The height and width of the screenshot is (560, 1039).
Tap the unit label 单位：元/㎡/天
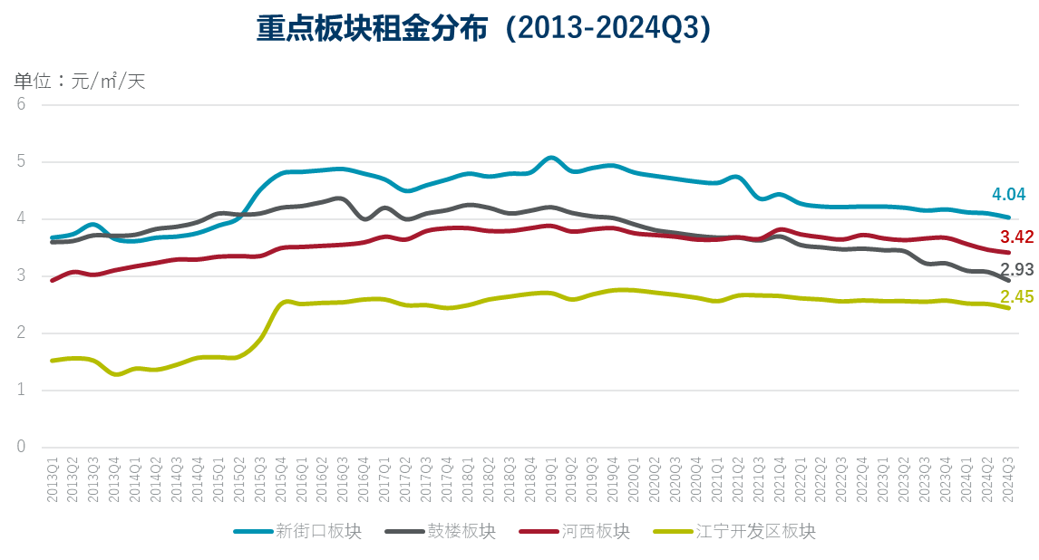80,81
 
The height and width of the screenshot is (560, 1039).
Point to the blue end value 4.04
1008,194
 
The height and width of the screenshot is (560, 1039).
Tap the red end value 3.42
1017,237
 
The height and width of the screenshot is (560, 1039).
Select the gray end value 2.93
1017,269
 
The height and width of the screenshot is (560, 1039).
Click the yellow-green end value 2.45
1017,296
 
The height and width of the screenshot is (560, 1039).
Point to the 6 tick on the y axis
22,104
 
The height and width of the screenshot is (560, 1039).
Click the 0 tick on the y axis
22,448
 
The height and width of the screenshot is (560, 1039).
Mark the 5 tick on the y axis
22,161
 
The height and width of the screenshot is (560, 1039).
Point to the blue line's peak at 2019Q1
550,158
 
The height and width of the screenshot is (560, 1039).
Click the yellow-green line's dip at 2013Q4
115,374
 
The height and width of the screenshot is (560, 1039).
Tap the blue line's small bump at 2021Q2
735,177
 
